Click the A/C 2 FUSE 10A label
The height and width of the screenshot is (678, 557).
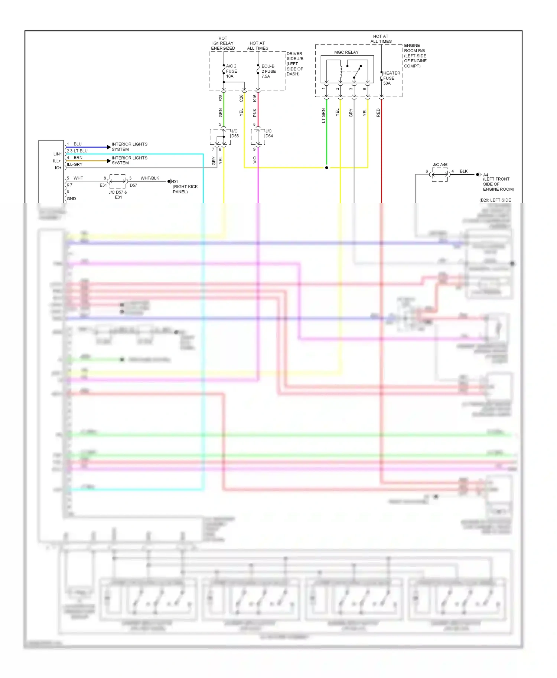(231, 71)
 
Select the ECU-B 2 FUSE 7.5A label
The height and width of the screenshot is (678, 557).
(268, 71)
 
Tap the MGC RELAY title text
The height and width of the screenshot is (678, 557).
(346, 52)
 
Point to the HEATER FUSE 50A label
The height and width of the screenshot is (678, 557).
(391, 78)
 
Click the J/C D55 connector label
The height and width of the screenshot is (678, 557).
(235, 134)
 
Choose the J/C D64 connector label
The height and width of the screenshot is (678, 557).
(268, 134)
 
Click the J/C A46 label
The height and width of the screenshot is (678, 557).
(440, 165)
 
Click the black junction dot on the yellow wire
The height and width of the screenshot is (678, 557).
(327, 168)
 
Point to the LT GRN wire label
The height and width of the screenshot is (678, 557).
(323, 115)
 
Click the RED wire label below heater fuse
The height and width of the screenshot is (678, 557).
(378, 113)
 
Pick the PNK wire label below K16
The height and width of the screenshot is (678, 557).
(255, 113)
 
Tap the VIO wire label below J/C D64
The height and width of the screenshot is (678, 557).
(255, 160)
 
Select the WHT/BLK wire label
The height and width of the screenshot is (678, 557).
(150, 178)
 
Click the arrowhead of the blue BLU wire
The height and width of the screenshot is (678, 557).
(109, 147)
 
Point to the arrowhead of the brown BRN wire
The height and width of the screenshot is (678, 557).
(109, 161)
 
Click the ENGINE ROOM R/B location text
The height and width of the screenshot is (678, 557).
(415, 56)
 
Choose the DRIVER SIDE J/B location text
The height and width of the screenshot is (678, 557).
(295, 64)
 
